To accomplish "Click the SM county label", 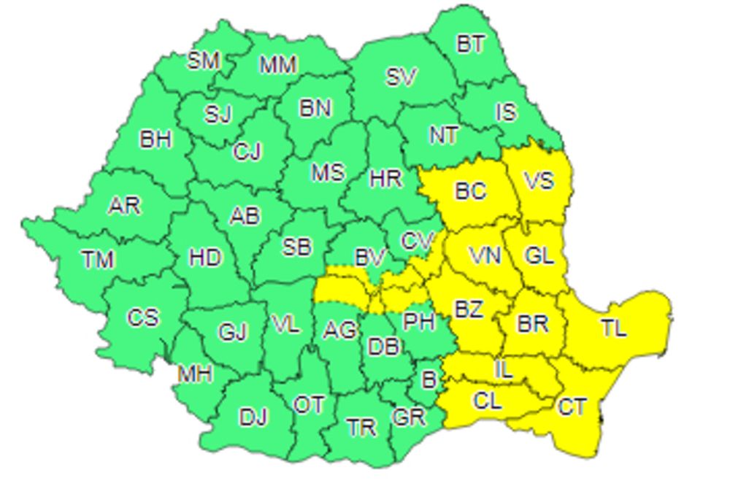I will (203, 61).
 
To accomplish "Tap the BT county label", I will (470, 44).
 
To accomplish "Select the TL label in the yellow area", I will (614, 328).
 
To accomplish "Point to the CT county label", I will (572, 406).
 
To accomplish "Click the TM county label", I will (97, 258).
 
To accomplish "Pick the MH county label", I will (195, 374).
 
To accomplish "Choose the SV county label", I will (401, 77).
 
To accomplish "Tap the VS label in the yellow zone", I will (539, 179).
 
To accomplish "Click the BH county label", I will (155, 139).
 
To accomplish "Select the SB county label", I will (296, 247).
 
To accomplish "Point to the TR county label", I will (361, 428).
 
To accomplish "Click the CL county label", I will (488, 401).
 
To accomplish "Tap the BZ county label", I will (468, 309).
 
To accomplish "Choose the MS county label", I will (327, 172).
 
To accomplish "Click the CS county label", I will (142, 318).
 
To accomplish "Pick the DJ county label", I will (253, 417).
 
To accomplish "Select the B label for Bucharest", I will (429, 379).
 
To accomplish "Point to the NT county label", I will (444, 135).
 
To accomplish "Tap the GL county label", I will (539, 255).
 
